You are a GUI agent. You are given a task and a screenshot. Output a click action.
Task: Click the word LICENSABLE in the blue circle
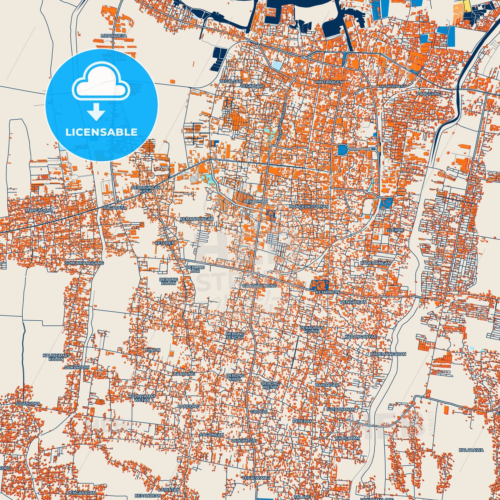point(101,132)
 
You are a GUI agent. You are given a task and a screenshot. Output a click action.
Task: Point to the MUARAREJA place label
point(114,36)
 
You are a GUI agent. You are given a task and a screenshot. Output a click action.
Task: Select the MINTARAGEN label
point(329,82)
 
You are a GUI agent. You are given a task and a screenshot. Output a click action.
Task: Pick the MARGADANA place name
point(39,210)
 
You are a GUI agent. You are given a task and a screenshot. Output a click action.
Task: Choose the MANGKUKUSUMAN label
point(309,207)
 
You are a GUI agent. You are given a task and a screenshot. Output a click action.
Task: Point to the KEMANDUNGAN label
point(197,219)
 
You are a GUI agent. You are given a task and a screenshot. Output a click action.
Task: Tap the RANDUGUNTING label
point(260,285)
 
